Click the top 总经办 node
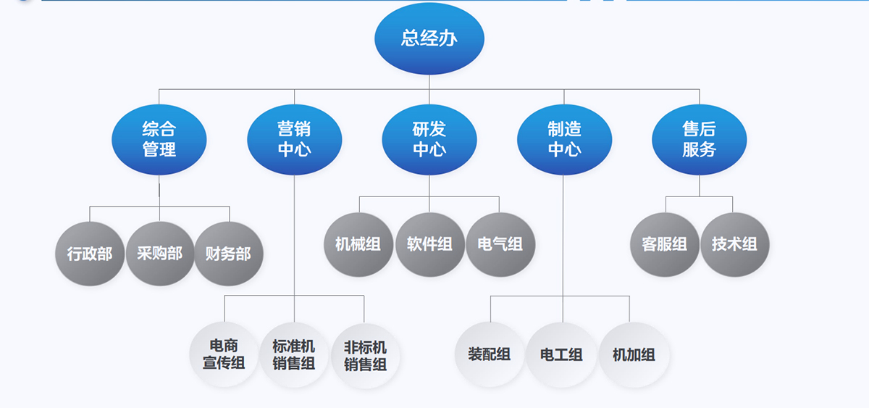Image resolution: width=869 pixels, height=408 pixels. click(429, 38)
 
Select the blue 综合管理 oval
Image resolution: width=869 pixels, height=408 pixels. click(159, 139)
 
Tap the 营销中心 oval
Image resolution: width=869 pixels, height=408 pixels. click(294, 139)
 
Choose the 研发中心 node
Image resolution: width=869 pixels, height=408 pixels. click(429, 139)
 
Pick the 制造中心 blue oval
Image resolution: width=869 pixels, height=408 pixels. click(564, 139)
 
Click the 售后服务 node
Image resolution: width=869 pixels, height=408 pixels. click(699, 139)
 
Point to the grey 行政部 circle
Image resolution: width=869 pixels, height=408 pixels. click(90, 254)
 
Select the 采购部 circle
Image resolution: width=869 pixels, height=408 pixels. click(160, 254)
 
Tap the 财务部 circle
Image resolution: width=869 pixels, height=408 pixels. click(229, 254)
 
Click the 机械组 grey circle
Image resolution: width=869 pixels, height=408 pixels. click(358, 244)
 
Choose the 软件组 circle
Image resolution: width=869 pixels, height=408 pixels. click(429, 244)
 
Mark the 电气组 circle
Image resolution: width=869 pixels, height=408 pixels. click(500, 244)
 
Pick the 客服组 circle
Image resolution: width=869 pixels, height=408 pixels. click(665, 244)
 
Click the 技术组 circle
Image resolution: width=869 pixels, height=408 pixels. click(734, 244)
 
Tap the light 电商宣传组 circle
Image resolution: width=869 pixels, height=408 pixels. click(224, 354)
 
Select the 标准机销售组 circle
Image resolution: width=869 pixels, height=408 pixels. click(294, 354)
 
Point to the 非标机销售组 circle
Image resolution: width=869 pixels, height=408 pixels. click(365, 354)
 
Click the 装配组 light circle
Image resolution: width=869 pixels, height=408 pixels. click(490, 354)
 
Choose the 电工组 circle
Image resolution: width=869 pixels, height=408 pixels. click(561, 354)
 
